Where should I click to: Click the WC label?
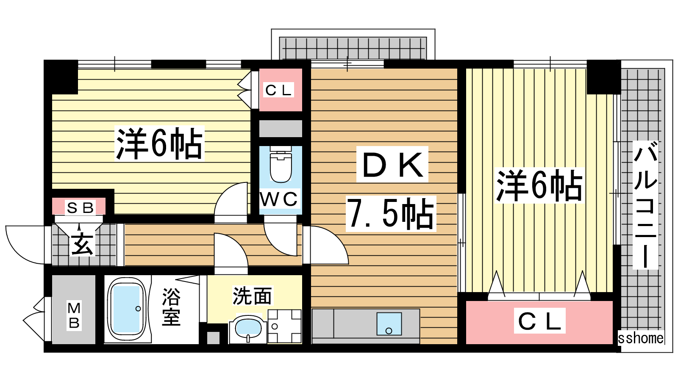[x=279, y=199]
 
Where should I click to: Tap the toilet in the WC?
[x=281, y=165]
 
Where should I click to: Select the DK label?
[x=392, y=165]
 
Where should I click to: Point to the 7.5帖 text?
[x=391, y=214]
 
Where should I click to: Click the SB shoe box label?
[x=80, y=208]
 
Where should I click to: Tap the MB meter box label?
[x=74, y=315]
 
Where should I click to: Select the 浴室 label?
[x=171, y=307]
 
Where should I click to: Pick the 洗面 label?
[x=252, y=295]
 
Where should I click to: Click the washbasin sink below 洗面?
[x=248, y=329]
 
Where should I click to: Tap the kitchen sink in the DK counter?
[x=389, y=324]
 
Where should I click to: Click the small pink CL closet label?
[x=278, y=90]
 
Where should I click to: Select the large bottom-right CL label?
[x=540, y=321]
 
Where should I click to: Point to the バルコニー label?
[x=645, y=205]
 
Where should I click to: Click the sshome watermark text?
[x=640, y=338]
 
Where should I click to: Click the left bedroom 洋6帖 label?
[x=159, y=144]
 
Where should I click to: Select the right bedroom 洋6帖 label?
[x=539, y=185]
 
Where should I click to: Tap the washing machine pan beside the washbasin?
[x=284, y=326]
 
